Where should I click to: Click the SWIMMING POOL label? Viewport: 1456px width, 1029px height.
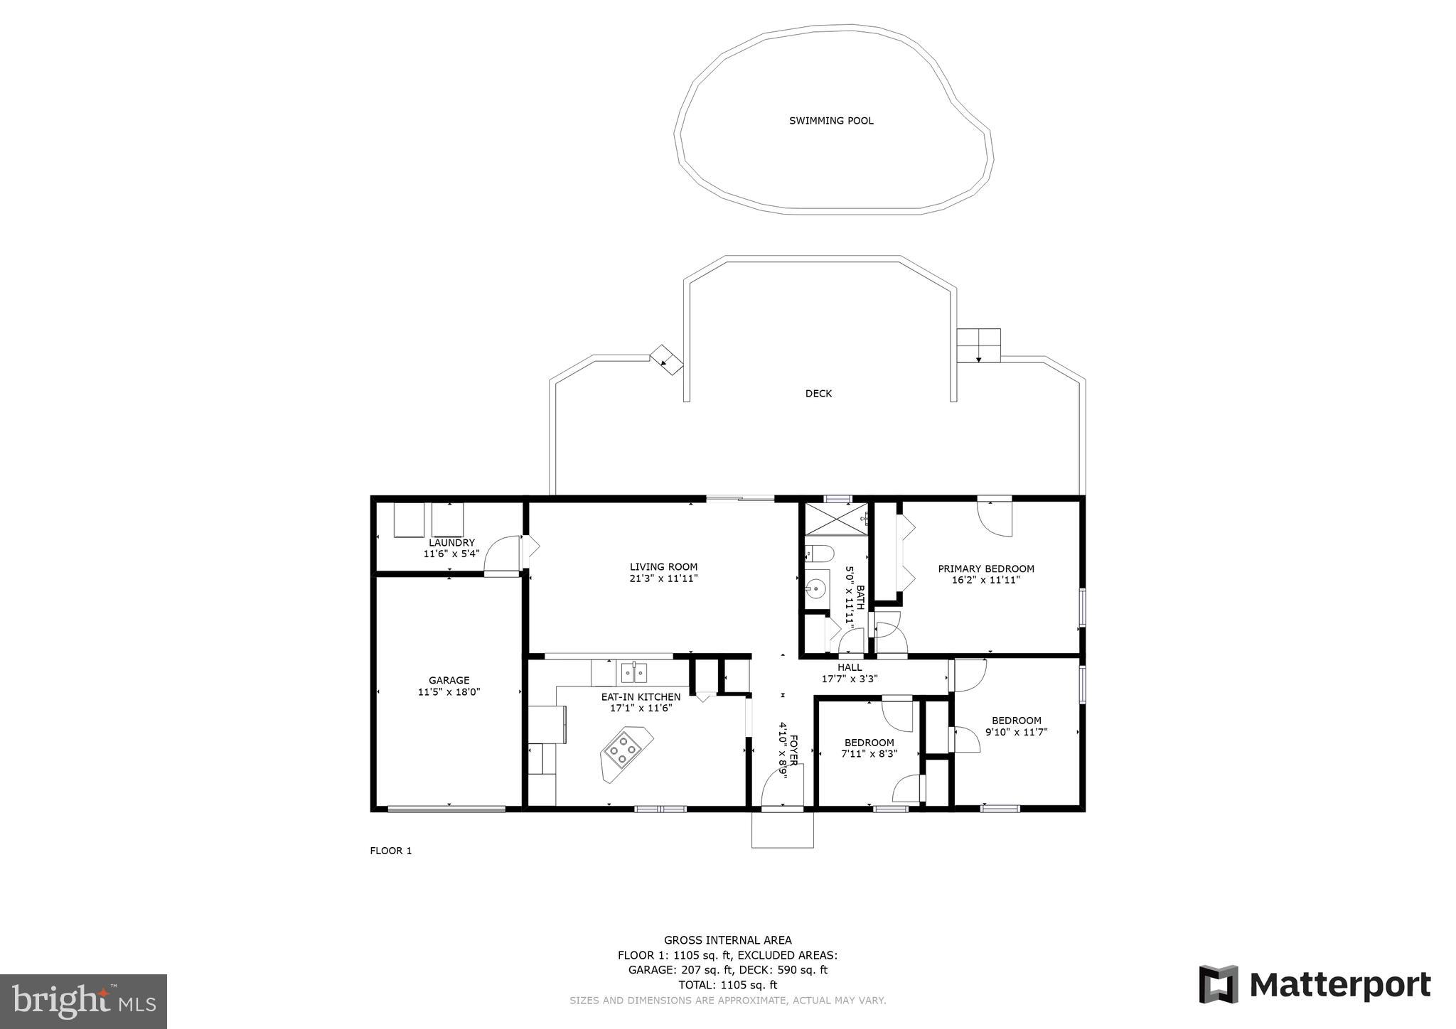831,121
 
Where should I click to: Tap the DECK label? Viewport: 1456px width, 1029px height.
818,394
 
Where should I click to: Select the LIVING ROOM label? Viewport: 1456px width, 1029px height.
663,567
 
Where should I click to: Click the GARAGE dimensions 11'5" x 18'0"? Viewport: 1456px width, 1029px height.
449,691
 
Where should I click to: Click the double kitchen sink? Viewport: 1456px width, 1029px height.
633,671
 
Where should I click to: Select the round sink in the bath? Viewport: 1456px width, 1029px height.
817,588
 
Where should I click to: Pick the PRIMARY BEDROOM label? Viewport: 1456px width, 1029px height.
985,569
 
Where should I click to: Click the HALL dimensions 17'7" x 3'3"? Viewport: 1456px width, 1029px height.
850,679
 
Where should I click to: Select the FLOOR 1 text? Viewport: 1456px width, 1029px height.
390,851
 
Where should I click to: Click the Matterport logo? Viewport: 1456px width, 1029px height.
1315,985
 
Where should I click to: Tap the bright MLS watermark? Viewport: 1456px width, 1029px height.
83,1001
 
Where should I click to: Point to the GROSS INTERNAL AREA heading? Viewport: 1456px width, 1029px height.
727,940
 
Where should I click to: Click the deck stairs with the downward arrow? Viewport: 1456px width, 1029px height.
978,345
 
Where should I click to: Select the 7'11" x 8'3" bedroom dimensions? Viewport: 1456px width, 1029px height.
869,754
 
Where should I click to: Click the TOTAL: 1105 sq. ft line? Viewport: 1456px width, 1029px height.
727,985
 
